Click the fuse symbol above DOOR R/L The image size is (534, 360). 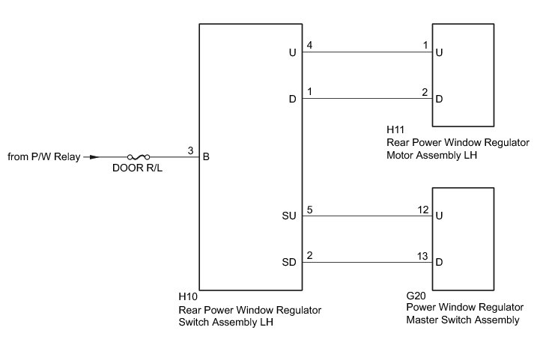(138, 157)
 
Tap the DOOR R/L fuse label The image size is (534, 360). (138, 168)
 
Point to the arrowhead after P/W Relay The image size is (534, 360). (93, 157)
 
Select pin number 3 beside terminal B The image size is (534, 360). (191, 150)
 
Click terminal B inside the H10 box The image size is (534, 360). (206, 157)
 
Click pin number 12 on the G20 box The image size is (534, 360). (423, 209)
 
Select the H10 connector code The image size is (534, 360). (187, 296)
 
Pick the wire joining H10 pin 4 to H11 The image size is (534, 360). (367, 52)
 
